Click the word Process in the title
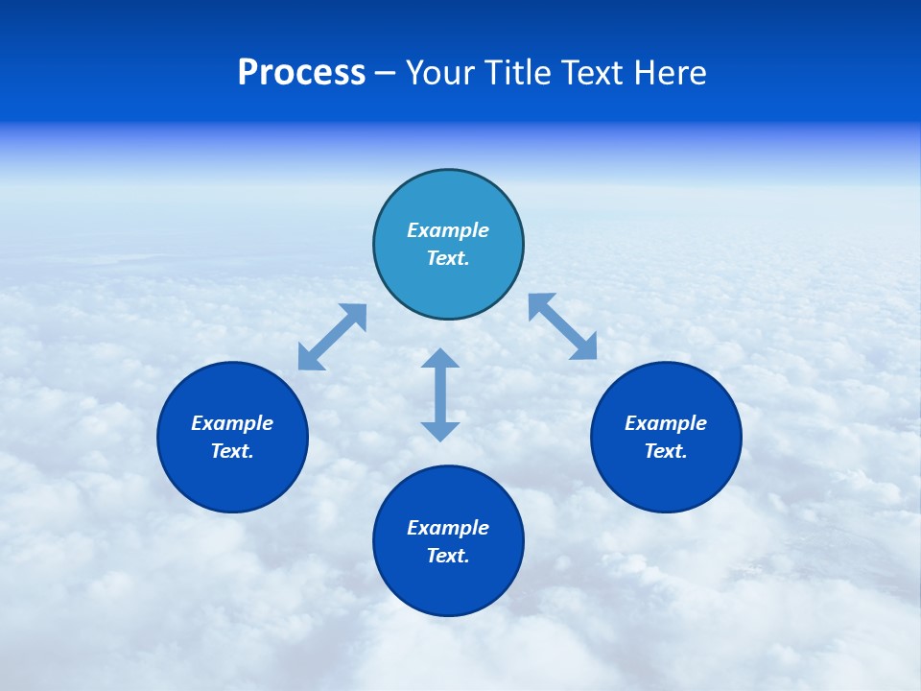[x=301, y=73]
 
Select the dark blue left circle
[x=232, y=480]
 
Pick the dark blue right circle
[x=666, y=480]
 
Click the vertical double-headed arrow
[x=440, y=394]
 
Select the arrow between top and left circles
[x=332, y=337]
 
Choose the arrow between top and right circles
[x=563, y=326]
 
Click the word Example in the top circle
[x=448, y=230]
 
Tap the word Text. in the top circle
[x=448, y=258]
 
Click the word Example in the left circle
[x=232, y=423]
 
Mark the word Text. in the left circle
[x=232, y=451]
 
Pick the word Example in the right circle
[x=666, y=423]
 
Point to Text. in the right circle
[x=666, y=451]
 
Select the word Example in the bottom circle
[x=448, y=528]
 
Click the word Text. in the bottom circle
[x=448, y=556]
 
